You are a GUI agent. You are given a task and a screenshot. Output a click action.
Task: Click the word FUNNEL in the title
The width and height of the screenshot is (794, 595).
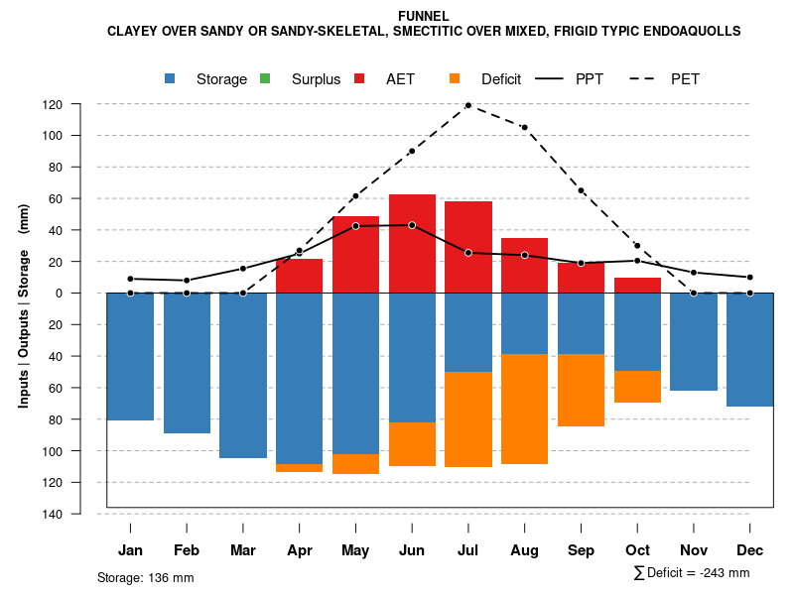[423, 16]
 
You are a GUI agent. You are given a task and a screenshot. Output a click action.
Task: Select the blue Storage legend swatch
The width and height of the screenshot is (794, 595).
[172, 78]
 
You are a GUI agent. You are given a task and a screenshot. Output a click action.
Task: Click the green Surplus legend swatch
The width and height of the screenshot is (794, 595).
[264, 78]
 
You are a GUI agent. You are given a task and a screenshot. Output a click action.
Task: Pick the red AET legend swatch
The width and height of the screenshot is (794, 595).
[359, 78]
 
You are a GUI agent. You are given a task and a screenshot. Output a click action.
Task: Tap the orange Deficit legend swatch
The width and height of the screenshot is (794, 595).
[455, 78]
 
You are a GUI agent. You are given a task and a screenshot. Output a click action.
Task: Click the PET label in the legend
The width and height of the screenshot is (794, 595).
[685, 79]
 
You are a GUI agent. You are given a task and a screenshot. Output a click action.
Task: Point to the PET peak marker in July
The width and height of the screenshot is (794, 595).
[467, 105]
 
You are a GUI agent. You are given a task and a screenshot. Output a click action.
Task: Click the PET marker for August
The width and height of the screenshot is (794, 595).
[524, 128]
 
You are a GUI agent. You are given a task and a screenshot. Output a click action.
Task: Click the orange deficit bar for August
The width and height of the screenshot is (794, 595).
[524, 409]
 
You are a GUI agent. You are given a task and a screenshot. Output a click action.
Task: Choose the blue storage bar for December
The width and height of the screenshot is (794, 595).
[749, 350]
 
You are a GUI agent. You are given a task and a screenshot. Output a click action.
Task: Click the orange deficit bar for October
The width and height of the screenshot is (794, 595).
[637, 387]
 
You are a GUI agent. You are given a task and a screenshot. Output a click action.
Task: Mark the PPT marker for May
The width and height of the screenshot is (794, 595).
[355, 226]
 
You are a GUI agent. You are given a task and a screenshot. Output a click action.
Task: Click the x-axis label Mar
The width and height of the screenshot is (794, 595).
[243, 550]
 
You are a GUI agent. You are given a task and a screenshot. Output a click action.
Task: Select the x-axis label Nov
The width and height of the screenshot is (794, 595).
[694, 550]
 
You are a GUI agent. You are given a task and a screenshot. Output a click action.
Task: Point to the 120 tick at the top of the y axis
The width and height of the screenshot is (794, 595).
[80, 104]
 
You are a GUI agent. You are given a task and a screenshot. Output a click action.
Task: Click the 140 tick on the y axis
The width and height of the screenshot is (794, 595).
[80, 514]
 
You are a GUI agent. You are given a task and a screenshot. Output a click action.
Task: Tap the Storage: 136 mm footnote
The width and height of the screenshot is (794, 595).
[145, 577]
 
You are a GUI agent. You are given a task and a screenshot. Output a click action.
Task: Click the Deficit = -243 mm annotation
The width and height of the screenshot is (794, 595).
[692, 573]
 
